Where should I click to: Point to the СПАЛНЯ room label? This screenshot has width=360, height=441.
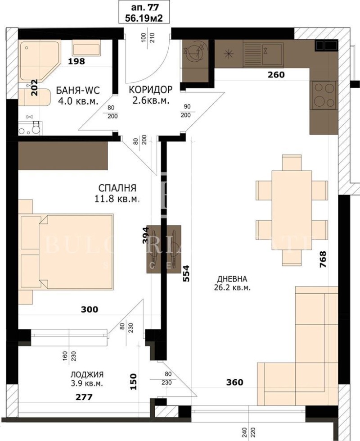click(x=118, y=188)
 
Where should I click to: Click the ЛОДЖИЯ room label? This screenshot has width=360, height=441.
click(x=87, y=374)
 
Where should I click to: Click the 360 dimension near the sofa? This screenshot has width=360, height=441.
click(x=234, y=382)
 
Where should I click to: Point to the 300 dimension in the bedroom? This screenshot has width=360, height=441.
click(x=90, y=309)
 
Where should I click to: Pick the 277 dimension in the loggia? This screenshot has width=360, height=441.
click(x=84, y=397)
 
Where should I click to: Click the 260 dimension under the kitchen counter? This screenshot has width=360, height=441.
click(x=276, y=75)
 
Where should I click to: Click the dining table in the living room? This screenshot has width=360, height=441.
click(x=292, y=210)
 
